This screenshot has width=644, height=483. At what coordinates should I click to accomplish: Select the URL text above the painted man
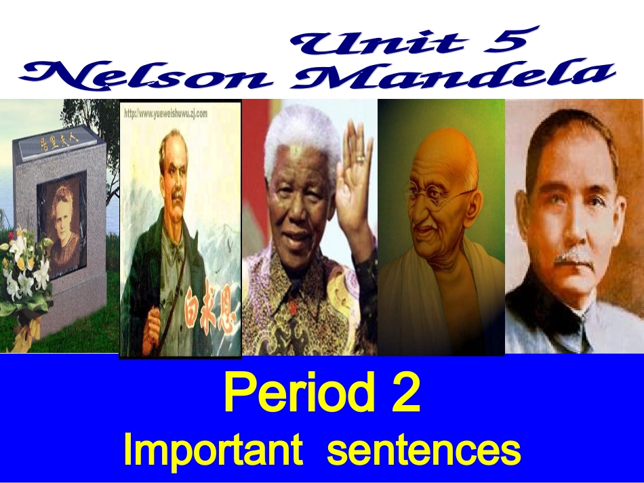pos(166,114)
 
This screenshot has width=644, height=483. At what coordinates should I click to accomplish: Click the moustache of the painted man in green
pos(176,196)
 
